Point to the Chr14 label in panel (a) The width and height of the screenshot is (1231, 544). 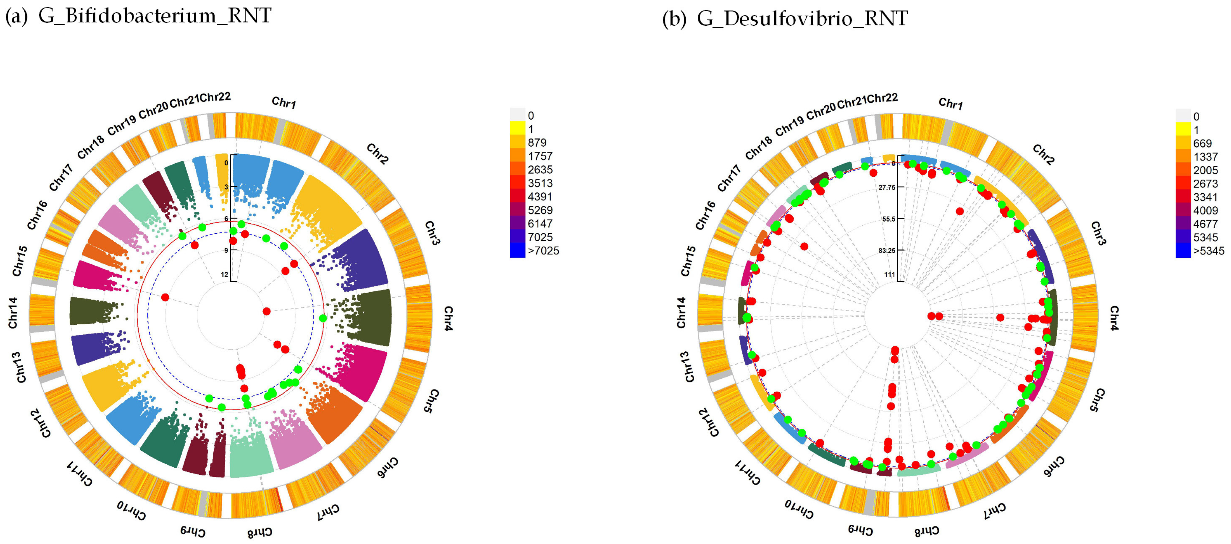pos(13,313)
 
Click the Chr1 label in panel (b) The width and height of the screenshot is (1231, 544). pos(950,104)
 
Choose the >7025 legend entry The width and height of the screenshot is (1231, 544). pos(543,251)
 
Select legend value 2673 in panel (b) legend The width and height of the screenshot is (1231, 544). pos(1205,184)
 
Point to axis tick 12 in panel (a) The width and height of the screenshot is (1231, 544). pos(224,275)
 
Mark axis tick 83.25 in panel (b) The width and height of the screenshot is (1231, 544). pos(886,251)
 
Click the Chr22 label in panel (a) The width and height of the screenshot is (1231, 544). pos(215,97)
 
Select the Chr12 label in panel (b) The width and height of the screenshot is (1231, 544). pos(708,423)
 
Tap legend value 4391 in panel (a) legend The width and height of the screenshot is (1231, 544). pos(540,197)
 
